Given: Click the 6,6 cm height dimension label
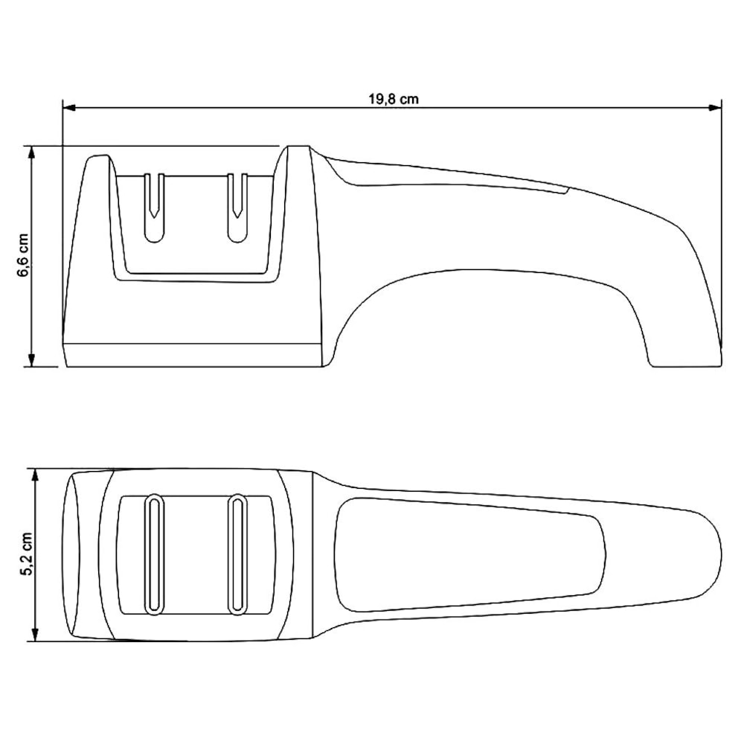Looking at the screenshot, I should coord(23,255).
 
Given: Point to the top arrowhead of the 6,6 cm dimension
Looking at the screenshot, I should coord(31,151).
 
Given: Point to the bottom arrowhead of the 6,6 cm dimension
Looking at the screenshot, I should coord(31,361).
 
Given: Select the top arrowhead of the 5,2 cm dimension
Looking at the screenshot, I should coord(34,474).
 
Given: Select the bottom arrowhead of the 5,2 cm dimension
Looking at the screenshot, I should coord(34,635).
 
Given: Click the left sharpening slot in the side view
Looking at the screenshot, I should coord(154,208).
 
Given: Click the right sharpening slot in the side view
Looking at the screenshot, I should coord(237,208).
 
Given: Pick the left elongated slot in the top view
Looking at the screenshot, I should coord(154,554).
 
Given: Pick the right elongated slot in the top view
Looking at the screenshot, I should coord(237,554).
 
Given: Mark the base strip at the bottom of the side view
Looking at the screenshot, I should coord(193,356).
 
